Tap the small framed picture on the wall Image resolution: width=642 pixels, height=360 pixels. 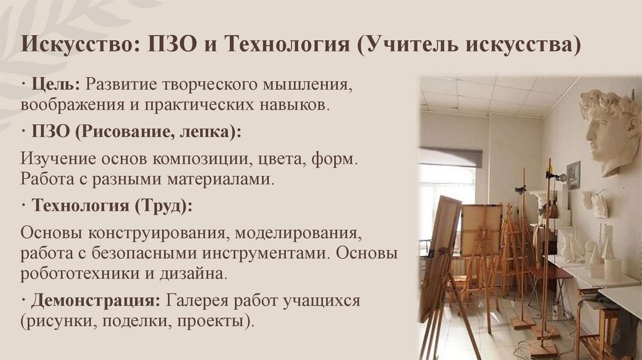coord(573,174)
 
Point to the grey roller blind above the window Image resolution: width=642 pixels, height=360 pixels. coord(450,157)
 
